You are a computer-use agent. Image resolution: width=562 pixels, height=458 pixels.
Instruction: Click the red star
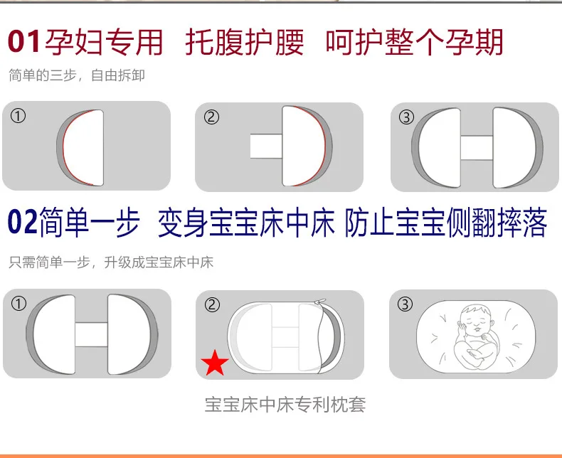[215, 363]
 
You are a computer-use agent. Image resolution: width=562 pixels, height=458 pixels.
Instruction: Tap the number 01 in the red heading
[24, 42]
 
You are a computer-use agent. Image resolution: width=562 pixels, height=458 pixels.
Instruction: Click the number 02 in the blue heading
[22, 222]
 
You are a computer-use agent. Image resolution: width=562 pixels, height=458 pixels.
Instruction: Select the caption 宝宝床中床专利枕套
[285, 405]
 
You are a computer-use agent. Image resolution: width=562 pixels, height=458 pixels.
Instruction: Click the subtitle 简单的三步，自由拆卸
[77, 75]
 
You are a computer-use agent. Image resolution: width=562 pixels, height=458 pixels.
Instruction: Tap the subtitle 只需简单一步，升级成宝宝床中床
[111, 262]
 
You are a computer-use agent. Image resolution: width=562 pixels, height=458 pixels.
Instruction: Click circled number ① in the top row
[18, 116]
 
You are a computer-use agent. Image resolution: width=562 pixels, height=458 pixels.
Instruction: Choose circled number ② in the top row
[211, 117]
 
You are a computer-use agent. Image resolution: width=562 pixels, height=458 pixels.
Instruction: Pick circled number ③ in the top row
[406, 117]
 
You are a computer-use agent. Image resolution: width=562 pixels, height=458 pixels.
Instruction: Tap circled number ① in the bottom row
[18, 304]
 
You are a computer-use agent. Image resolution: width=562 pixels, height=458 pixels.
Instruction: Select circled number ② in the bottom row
[212, 305]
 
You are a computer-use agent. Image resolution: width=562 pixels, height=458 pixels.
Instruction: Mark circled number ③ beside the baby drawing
[405, 304]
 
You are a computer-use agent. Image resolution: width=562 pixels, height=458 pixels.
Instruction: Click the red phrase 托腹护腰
[245, 42]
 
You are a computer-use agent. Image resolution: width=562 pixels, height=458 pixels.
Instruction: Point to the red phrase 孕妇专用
[104, 42]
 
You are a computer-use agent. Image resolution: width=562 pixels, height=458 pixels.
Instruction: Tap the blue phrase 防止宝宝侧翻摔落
[446, 222]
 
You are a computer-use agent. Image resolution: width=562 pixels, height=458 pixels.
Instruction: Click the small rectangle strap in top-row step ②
[266, 147]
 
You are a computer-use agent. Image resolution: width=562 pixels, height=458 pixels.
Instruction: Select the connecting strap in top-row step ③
[477, 148]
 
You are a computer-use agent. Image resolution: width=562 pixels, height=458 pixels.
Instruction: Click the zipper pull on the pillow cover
[319, 302]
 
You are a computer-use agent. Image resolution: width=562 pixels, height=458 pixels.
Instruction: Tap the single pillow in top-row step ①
[80, 148]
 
